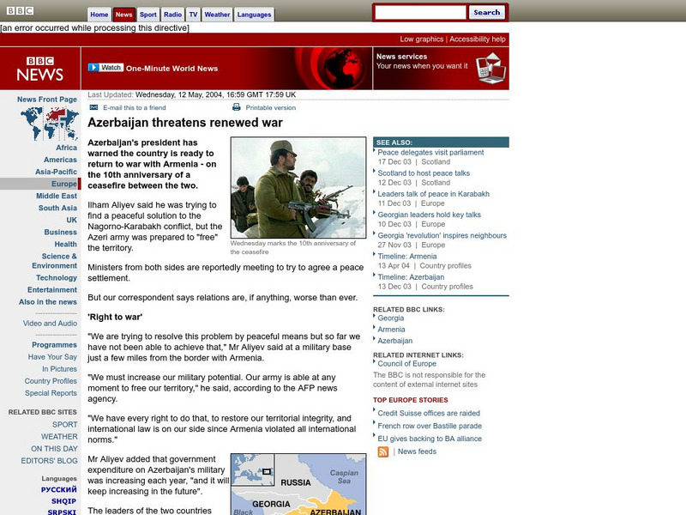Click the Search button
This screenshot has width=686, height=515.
tap(487, 13)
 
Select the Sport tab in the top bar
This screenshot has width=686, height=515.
tap(148, 15)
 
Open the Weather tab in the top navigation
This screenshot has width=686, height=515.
tap(217, 15)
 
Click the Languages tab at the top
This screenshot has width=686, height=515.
tap(254, 15)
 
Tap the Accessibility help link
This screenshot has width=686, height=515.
tap(478, 39)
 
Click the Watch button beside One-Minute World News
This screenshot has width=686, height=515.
tap(107, 68)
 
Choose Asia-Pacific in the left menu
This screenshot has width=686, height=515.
tap(56, 172)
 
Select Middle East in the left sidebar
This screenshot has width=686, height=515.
tap(57, 196)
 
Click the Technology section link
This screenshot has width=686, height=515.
tap(57, 278)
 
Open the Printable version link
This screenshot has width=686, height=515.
tap(270, 108)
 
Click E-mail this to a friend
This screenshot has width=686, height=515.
tap(134, 108)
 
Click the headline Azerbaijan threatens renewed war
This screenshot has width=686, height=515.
tap(185, 123)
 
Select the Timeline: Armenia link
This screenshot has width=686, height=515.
tap(407, 256)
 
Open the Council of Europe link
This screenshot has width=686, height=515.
tap(408, 364)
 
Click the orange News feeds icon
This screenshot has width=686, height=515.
tap(383, 451)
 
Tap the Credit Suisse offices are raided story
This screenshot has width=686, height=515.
tap(429, 413)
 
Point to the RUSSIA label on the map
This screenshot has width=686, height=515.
tap(296, 482)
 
